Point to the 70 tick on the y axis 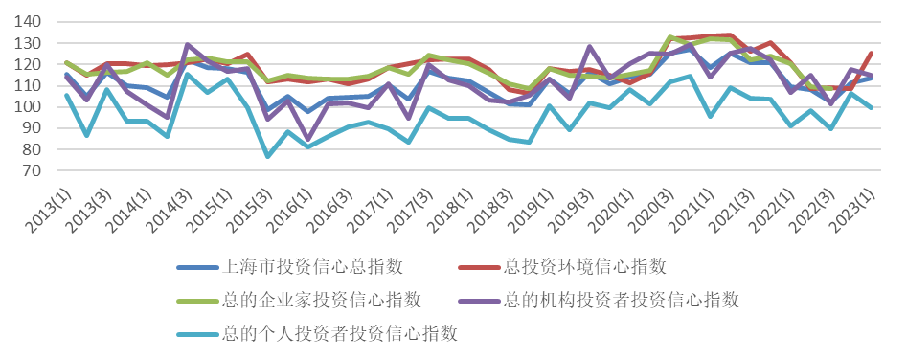pos(33,171)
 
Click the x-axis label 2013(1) pos(49,212)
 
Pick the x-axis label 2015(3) pos(249,212)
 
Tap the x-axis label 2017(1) pos(371,212)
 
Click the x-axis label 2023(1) pos(853,212)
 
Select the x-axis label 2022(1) pos(773,212)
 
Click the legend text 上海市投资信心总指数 pos(312,267)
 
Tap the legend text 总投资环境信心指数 pos(585,267)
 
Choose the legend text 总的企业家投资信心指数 pos(321,301)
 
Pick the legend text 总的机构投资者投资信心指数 pos(622,301)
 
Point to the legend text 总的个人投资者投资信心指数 pos(340,334)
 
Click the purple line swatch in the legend pos(478,301)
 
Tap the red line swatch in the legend pos(478,267)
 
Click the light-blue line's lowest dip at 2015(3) pos(268,157)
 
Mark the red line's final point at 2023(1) pos(871,54)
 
